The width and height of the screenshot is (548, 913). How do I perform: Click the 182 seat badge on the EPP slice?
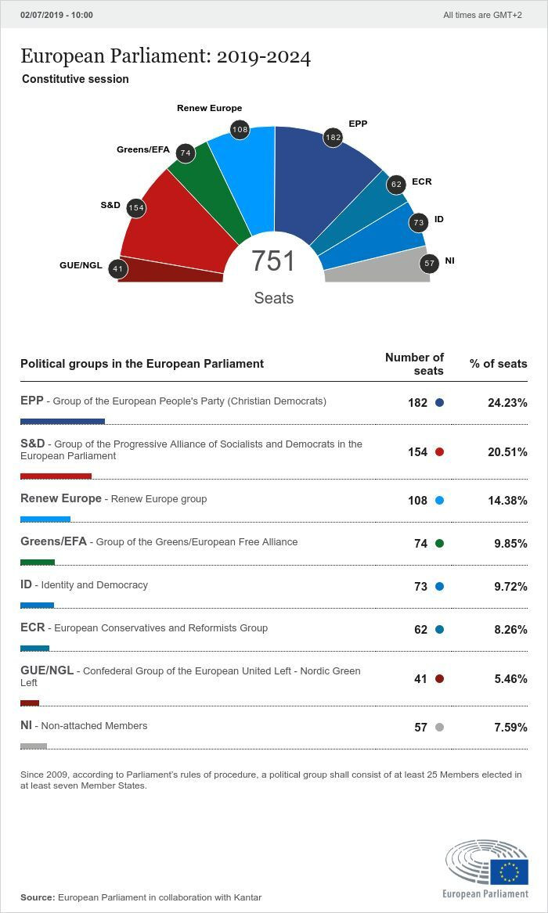(x=333, y=138)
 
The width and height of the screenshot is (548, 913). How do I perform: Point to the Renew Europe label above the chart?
(x=209, y=108)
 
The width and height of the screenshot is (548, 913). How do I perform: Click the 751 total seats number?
(x=273, y=261)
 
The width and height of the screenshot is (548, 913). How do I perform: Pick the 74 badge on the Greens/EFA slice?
(x=186, y=153)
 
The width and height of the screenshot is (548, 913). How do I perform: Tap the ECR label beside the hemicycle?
(x=421, y=182)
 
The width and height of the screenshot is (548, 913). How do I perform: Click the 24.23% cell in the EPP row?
(x=507, y=403)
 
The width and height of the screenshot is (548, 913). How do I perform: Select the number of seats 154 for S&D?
(x=417, y=452)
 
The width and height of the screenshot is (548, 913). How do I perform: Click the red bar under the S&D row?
(x=56, y=476)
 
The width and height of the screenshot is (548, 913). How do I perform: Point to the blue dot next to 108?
(x=439, y=501)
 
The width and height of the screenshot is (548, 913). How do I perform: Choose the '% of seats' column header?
(x=498, y=364)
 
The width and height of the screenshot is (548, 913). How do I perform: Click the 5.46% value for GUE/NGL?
(x=510, y=679)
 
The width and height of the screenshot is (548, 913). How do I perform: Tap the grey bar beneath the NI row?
(x=34, y=746)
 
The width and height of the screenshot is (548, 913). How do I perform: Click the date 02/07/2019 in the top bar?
(x=45, y=15)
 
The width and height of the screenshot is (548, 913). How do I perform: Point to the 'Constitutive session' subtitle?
(x=75, y=79)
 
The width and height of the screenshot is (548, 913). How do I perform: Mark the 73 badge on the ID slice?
(x=419, y=222)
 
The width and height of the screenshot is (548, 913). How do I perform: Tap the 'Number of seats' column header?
(x=414, y=364)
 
